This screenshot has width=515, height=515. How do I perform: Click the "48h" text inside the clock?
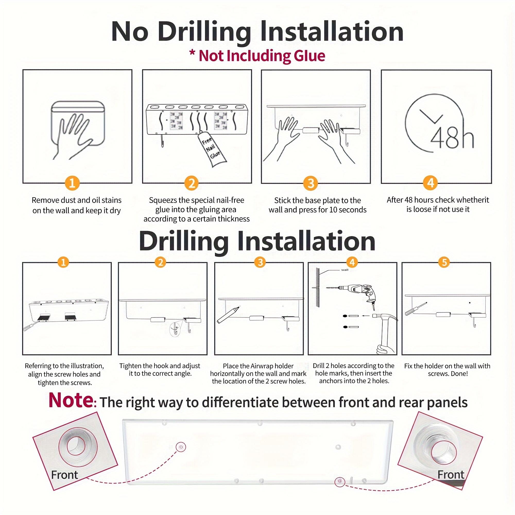pyautogui.click(x=452, y=138)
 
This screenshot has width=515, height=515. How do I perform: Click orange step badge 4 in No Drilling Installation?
pyautogui.click(x=431, y=183)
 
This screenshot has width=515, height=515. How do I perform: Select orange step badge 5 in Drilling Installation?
pyautogui.click(x=444, y=262)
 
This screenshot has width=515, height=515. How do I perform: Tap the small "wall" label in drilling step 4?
pyautogui.click(x=345, y=270)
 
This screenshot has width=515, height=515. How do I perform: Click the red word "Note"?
pyautogui.click(x=71, y=400)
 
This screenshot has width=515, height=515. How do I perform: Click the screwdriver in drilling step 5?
pyautogui.click(x=416, y=309)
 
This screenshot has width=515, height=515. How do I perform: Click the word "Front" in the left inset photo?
pyautogui.click(x=65, y=475)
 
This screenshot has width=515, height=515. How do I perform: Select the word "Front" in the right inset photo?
pyautogui.click(x=451, y=475)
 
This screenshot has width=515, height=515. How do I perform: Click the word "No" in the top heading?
pyautogui.click(x=130, y=32)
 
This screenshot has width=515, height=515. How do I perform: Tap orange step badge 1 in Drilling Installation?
pyautogui.click(x=63, y=262)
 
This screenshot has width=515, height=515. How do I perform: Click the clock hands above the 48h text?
pyautogui.click(x=431, y=117)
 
